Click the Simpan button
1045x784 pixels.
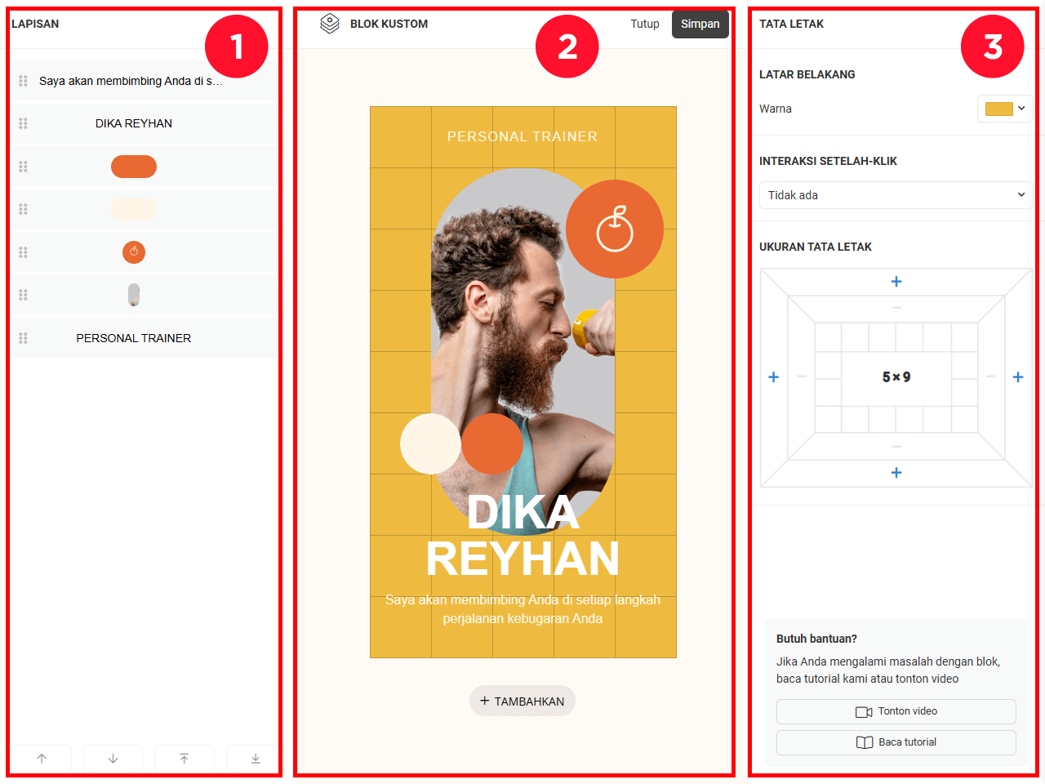point(700,24)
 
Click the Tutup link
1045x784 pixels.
point(645,24)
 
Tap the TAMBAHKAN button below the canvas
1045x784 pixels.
point(522,701)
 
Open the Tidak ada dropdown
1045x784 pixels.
point(896,195)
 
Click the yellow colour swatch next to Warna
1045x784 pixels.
point(998,109)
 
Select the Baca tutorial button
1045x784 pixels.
point(896,742)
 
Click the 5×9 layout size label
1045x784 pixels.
point(896,377)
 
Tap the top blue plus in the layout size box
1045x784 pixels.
point(896,281)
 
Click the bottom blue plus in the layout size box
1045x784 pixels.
point(896,472)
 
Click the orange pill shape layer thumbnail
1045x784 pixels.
point(134,167)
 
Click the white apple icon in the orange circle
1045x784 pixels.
point(615,229)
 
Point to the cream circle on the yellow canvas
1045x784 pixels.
point(430,443)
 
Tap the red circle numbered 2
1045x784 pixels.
point(567,47)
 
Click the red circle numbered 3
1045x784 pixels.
point(992,47)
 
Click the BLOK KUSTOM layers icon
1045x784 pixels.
point(330,24)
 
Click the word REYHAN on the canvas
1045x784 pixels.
point(522,559)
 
